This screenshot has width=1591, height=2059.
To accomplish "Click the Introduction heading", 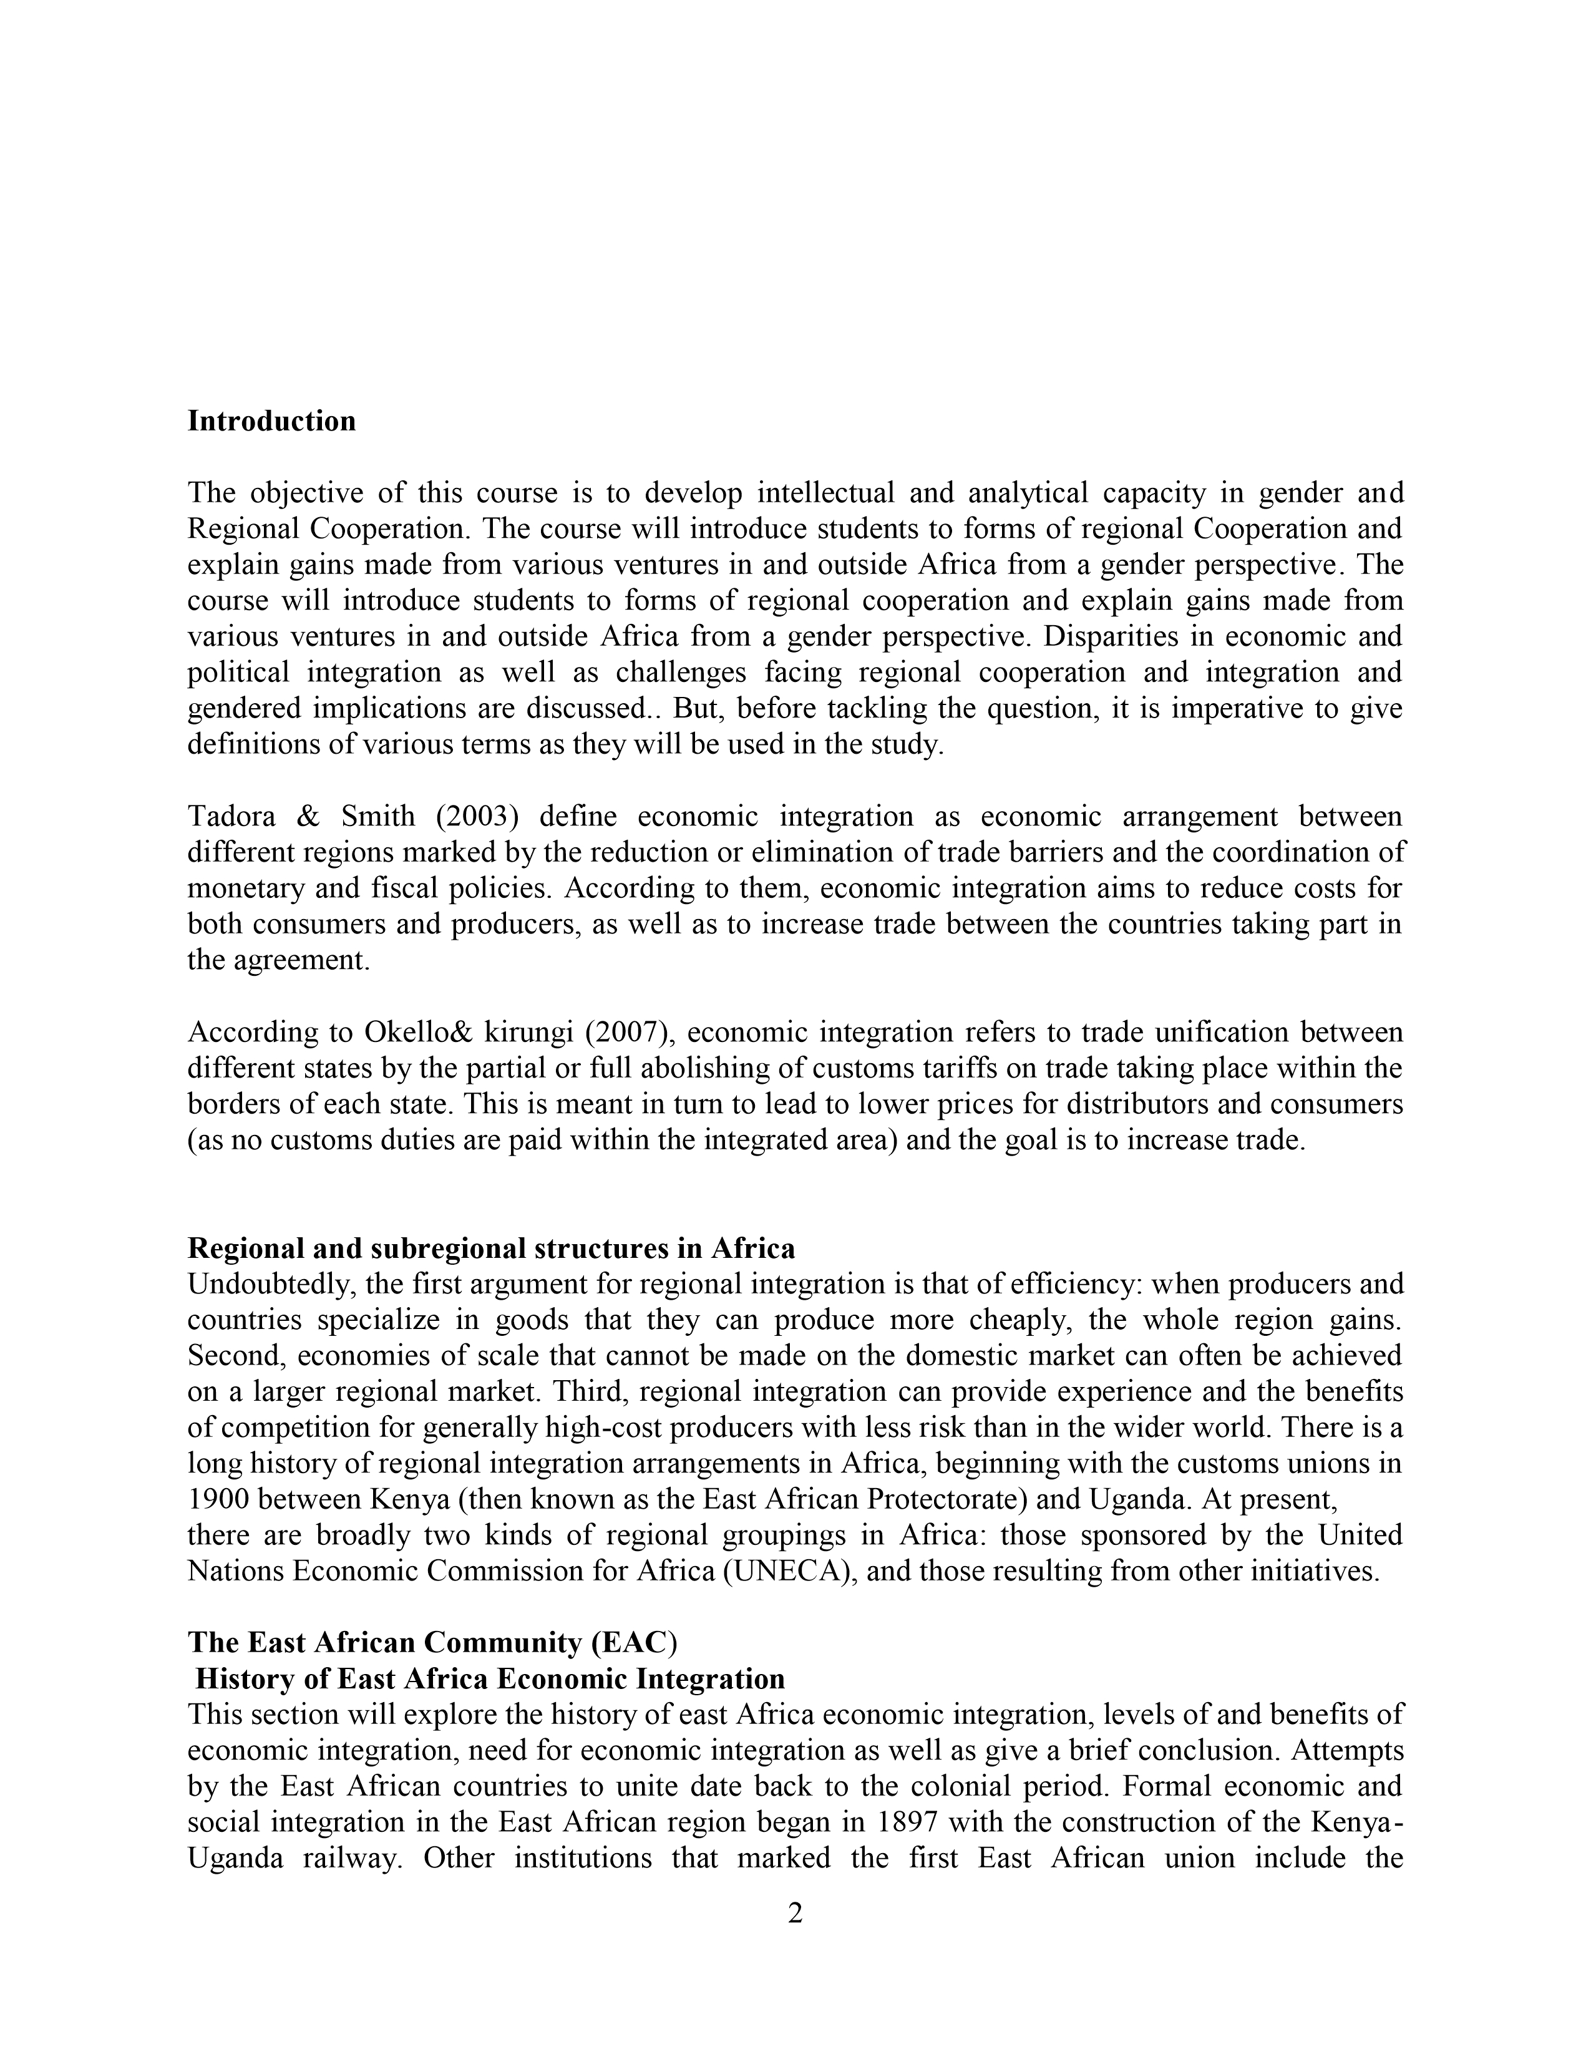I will [271, 421].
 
